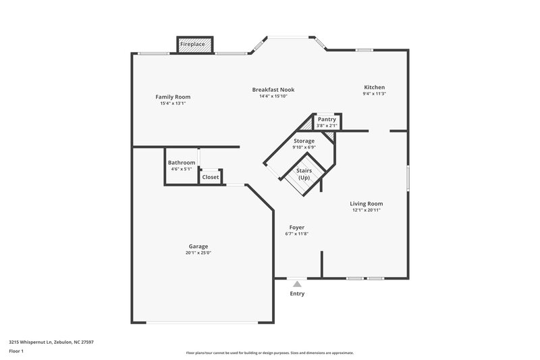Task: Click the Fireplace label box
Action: click(x=192, y=45)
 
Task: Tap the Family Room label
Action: click(x=173, y=97)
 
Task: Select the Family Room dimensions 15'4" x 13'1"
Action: click(x=173, y=103)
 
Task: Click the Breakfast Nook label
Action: click(x=273, y=89)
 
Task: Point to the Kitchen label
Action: click(x=375, y=88)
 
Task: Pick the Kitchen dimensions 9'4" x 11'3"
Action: click(x=375, y=95)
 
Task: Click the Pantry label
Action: click(x=327, y=120)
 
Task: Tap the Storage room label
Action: click(x=304, y=140)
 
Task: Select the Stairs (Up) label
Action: click(x=304, y=174)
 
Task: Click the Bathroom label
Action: click(x=182, y=163)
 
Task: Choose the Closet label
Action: click(x=211, y=177)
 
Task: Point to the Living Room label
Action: click(x=367, y=203)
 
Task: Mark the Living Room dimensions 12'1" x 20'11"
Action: click(x=367, y=210)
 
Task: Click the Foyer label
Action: click(x=297, y=227)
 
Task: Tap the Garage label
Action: click(x=198, y=246)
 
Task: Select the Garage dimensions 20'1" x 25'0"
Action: click(x=198, y=253)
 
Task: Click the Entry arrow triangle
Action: click(x=297, y=284)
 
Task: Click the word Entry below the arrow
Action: click(x=297, y=294)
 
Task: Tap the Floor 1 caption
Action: click(x=16, y=352)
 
